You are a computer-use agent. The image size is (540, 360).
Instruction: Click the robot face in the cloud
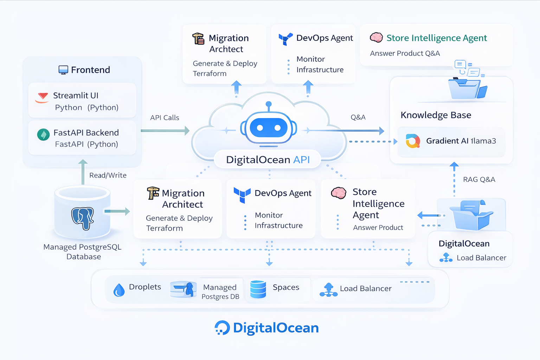(269, 128)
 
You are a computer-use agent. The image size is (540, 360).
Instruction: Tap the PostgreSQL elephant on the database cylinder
(83, 218)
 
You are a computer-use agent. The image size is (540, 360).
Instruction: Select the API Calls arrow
(165, 131)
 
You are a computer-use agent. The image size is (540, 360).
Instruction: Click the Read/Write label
(108, 175)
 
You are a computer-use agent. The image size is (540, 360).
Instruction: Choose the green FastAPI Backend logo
(43, 134)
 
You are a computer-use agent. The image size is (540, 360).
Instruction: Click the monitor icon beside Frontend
(63, 70)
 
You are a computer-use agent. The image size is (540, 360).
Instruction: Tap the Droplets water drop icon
(119, 290)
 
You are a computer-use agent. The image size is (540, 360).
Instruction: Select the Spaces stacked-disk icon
(258, 289)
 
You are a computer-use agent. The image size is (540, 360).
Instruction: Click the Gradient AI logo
(413, 141)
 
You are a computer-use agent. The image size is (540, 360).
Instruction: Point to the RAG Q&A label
(479, 180)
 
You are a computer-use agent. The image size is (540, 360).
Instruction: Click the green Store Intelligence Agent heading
(436, 38)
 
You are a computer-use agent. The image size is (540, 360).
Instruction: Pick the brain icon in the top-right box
(376, 37)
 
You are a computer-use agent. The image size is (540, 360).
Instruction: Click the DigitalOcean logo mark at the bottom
(222, 328)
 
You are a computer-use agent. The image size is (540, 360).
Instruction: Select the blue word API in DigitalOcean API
(301, 160)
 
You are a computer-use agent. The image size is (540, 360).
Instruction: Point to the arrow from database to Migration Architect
(117, 211)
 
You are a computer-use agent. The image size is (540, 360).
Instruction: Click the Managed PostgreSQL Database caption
(83, 252)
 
